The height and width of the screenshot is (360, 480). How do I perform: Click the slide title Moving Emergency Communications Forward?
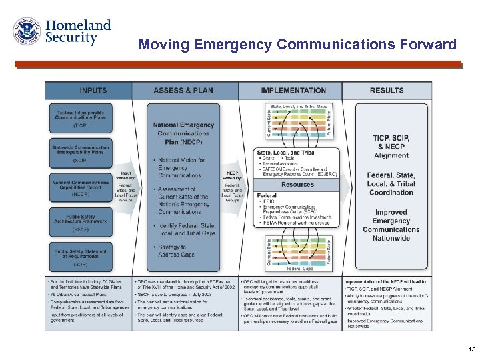[x=297, y=45]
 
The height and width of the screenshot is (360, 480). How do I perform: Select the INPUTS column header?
[x=89, y=91]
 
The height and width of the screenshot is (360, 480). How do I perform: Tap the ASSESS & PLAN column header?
[x=183, y=91]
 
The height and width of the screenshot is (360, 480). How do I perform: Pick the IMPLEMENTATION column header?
[x=293, y=91]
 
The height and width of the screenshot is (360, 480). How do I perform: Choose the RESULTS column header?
[x=387, y=91]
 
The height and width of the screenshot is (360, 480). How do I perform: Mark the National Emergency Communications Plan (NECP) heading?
[x=183, y=133]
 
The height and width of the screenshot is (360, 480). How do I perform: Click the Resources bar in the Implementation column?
[x=297, y=185]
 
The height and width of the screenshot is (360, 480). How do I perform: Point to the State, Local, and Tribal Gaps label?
[x=297, y=106]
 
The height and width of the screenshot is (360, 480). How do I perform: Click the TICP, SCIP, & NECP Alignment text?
[x=391, y=146]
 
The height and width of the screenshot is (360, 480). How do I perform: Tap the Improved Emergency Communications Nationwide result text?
[x=391, y=225]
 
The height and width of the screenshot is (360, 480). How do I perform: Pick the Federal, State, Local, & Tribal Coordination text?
[x=391, y=184]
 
